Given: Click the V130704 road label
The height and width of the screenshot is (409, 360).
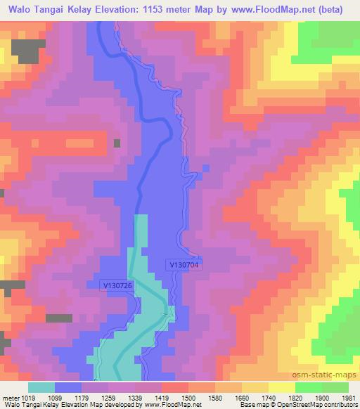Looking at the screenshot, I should click(x=185, y=264).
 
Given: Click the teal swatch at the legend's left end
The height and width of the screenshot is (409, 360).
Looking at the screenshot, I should click(x=41, y=387).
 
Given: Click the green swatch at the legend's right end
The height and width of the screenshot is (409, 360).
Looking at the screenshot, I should click(x=335, y=387).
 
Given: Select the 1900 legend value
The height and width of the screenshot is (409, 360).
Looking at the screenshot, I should click(x=320, y=398).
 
